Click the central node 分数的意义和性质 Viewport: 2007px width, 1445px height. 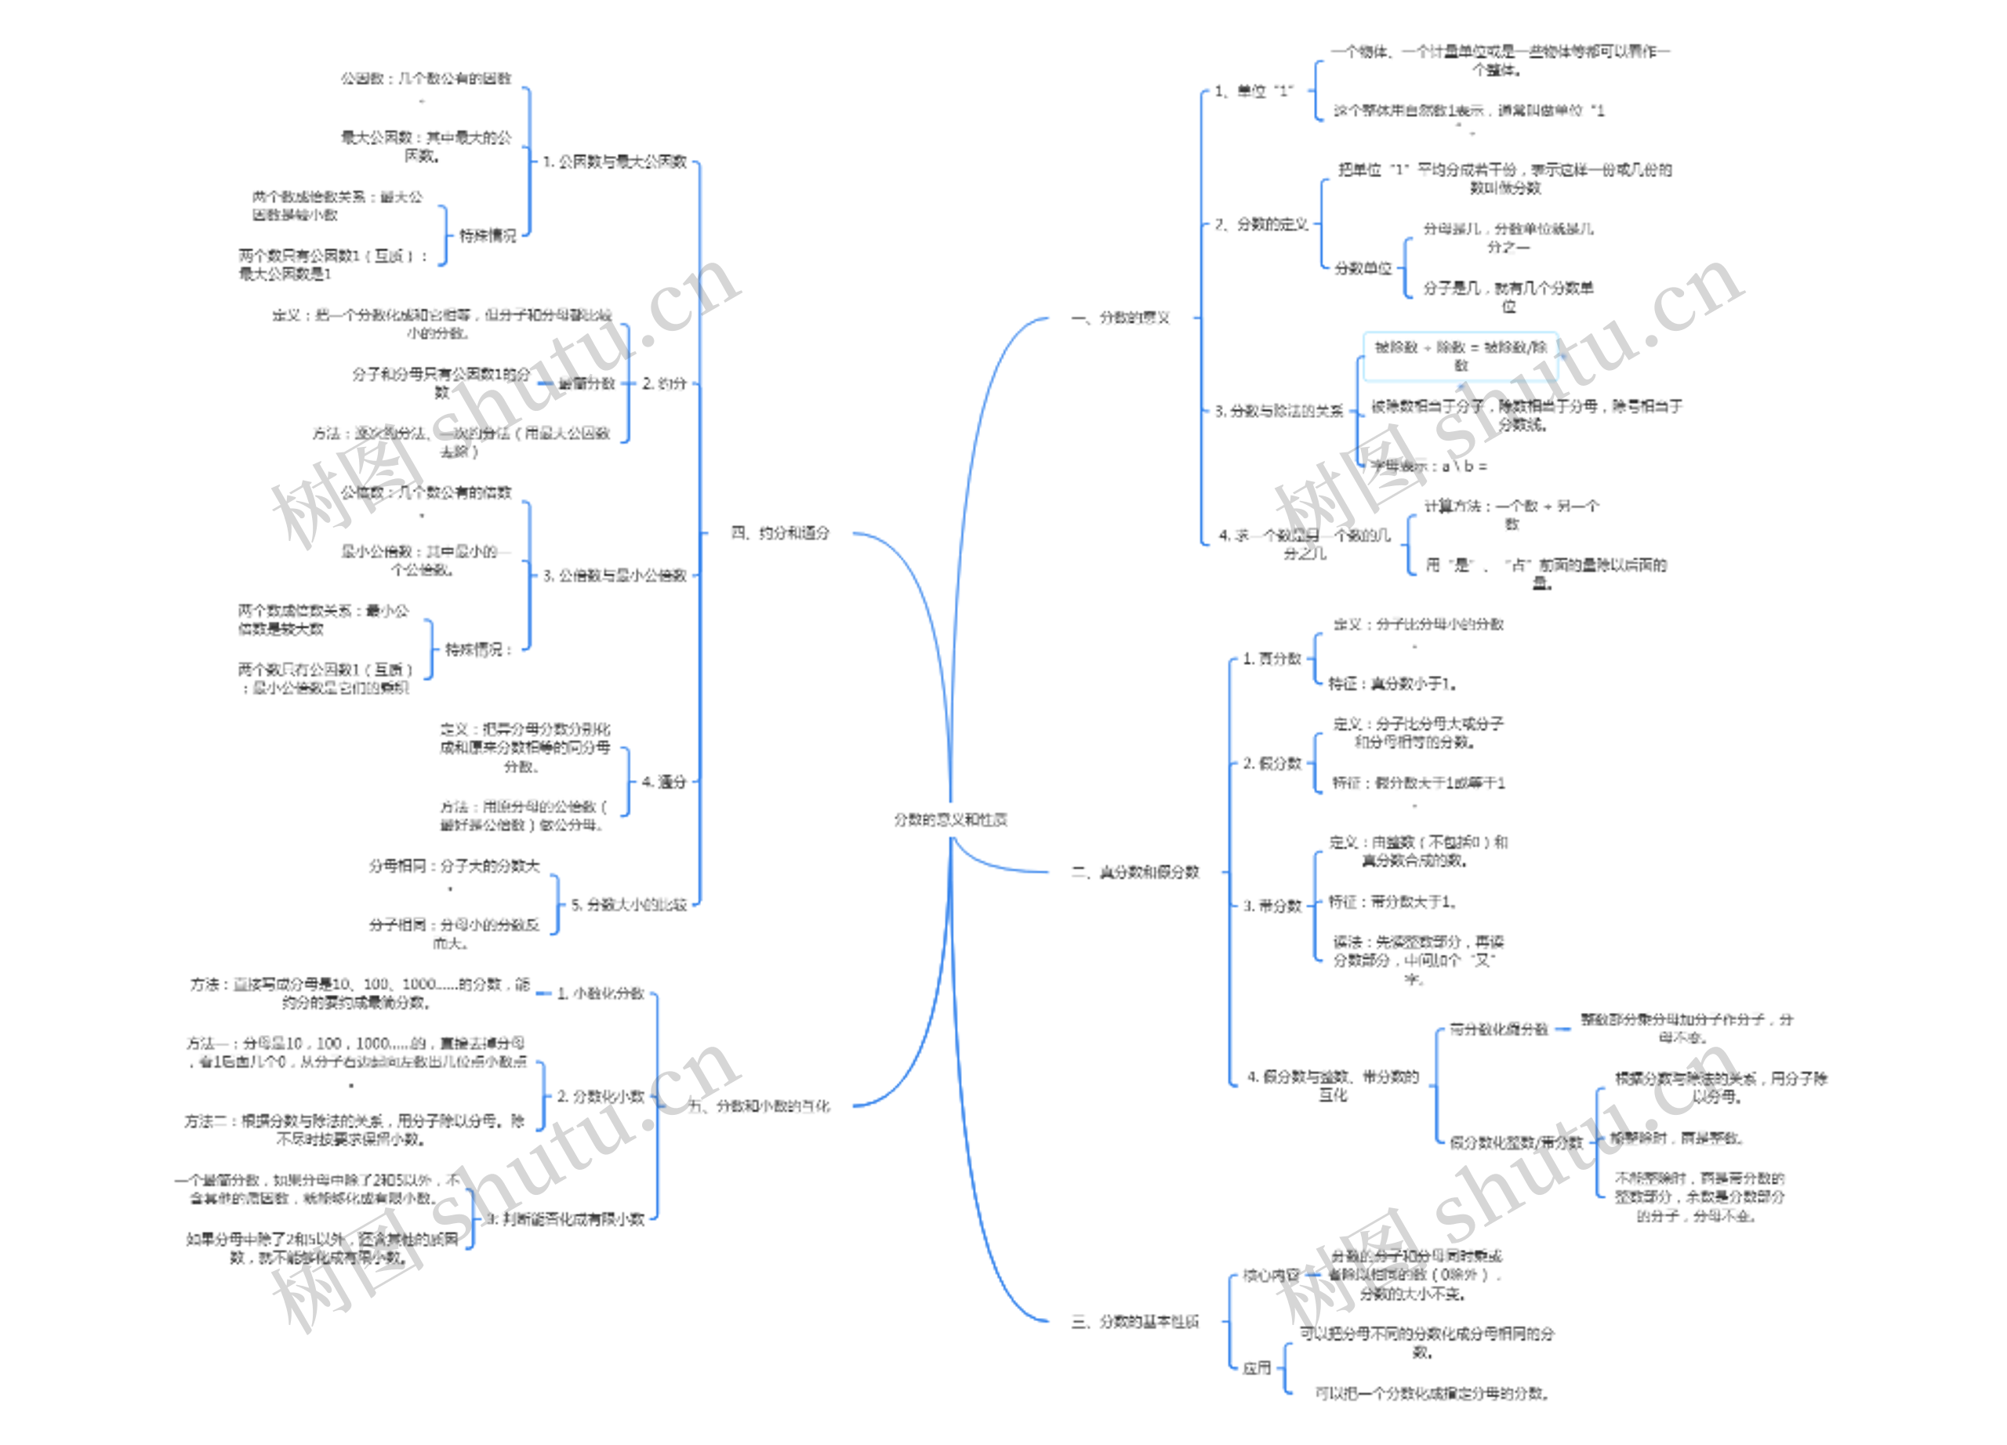pyautogui.click(x=949, y=819)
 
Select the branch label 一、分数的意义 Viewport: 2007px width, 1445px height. pyautogui.click(x=1120, y=318)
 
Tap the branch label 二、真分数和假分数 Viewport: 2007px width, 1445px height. pyautogui.click(x=1135, y=872)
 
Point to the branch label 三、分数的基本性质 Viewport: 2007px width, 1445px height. pyautogui.click(x=1134, y=1321)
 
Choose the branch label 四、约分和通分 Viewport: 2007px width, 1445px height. pyautogui.click(x=779, y=532)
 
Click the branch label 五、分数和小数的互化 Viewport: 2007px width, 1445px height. pyautogui.click(x=758, y=1106)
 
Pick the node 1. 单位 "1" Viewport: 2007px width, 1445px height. pyautogui.click(x=1253, y=90)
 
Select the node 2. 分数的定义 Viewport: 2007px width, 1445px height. pyautogui.click(x=1261, y=224)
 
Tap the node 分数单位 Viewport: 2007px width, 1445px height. pyautogui.click(x=1363, y=267)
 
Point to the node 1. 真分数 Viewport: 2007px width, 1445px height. pyautogui.click(x=1272, y=659)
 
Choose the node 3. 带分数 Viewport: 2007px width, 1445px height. pyautogui.click(x=1272, y=906)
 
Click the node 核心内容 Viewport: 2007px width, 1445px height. pyautogui.click(x=1271, y=1275)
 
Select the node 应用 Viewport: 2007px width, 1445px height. pyautogui.click(x=1257, y=1368)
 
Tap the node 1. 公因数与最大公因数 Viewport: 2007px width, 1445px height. pyautogui.click(x=614, y=161)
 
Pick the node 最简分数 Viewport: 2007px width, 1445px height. pyautogui.click(x=586, y=383)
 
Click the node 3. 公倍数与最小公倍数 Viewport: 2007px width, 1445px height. pyautogui.click(x=614, y=575)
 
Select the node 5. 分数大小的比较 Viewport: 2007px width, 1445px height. pyautogui.click(x=628, y=904)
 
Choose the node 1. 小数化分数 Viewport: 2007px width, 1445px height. pyautogui.click(x=600, y=993)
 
